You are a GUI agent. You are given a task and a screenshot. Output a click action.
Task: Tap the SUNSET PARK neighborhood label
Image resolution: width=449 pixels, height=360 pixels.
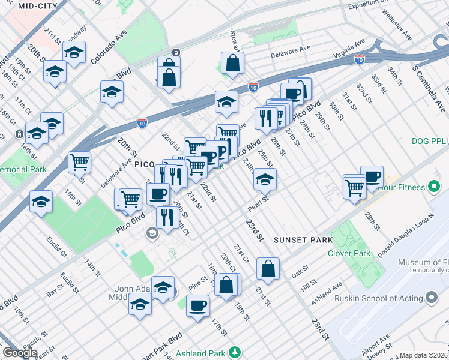point(303,240)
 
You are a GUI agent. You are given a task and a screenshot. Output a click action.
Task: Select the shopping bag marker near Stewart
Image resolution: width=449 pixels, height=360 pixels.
point(232,63)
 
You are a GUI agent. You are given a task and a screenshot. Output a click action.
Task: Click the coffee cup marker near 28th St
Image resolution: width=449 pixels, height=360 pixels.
point(372,176)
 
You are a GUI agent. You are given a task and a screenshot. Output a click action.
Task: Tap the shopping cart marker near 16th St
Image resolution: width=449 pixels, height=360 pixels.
point(79,161)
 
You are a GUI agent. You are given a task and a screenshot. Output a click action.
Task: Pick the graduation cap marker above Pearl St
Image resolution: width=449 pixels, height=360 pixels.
point(265,179)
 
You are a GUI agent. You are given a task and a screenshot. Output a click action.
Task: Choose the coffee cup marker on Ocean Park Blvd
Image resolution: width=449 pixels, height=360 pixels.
point(197,306)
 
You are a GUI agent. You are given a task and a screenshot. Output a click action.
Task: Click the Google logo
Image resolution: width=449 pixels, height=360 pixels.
point(20,353)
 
